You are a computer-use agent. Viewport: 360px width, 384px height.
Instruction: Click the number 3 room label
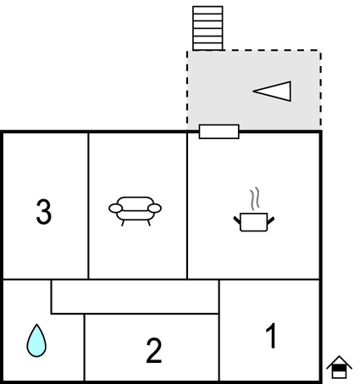[44, 212]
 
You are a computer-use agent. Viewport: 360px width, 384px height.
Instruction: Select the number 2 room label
[154, 350]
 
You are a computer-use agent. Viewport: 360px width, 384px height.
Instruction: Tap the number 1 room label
[271, 336]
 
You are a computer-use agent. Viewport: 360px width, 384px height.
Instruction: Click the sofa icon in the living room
[135, 211]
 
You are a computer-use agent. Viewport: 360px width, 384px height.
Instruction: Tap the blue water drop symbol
[36, 341]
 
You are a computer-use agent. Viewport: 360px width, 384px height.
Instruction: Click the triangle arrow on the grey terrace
[272, 91]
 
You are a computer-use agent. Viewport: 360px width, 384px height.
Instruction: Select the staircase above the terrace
[208, 28]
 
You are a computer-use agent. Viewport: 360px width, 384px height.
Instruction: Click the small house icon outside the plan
[339, 367]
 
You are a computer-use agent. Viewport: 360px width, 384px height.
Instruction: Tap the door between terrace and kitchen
[219, 131]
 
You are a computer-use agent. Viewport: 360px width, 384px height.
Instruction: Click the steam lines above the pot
[254, 198]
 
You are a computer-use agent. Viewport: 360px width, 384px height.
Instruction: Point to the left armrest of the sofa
[115, 209]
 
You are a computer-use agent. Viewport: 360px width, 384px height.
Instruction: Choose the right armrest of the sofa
[155, 209]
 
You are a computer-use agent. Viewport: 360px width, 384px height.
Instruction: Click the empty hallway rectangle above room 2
[135, 297]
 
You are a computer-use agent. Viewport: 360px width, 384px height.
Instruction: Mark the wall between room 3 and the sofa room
[88, 205]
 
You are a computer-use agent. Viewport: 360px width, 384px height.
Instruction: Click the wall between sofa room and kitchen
[187, 205]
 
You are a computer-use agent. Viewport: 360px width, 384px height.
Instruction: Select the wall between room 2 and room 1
[219, 331]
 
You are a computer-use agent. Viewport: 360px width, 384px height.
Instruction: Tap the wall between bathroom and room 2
[84, 348]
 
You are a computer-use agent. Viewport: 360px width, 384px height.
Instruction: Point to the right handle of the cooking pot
[270, 220]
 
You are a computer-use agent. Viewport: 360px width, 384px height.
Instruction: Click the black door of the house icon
[339, 368]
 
